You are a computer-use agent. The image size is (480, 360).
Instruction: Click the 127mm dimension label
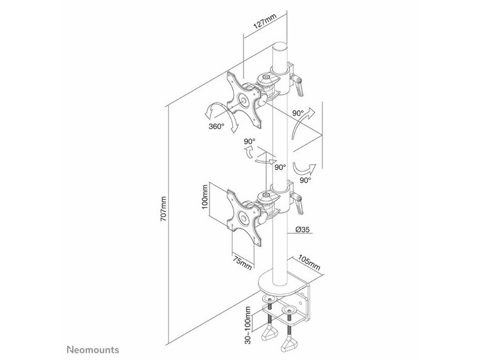(x=265, y=22)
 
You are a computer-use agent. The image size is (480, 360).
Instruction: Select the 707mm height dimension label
(x=164, y=209)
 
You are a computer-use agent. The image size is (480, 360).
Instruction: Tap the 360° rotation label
(x=217, y=126)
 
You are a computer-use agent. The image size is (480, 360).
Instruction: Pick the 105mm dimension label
(x=309, y=262)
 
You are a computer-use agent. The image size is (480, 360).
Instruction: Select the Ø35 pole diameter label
(x=303, y=229)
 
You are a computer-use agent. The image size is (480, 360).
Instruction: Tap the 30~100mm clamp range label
(x=248, y=325)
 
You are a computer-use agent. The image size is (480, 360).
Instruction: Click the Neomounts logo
(x=93, y=350)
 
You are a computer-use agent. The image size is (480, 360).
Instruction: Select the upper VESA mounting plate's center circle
(x=244, y=100)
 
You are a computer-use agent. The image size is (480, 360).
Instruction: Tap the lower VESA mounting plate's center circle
(x=244, y=218)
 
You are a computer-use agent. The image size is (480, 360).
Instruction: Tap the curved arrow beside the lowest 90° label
(x=304, y=169)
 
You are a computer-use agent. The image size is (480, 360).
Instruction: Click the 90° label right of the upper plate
(x=298, y=113)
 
